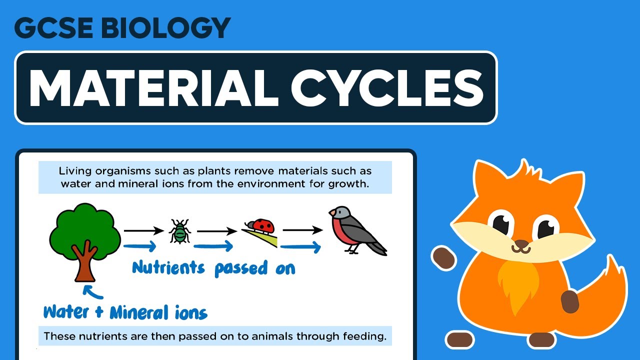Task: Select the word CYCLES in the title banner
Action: (387, 88)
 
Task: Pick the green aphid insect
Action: (179, 231)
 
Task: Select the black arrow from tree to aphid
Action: (143, 230)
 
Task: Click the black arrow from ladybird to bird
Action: (302, 230)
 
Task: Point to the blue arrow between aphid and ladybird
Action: (213, 246)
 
